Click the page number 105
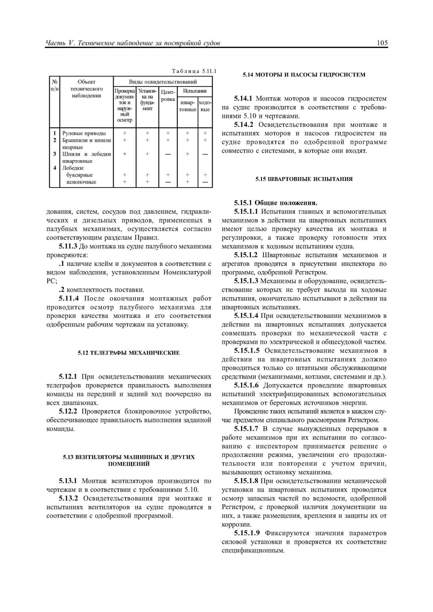click(382, 43)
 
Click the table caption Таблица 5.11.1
click(193, 70)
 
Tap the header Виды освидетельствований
click(163, 82)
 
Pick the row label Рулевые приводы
click(84, 133)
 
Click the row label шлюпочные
click(82, 182)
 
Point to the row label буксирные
click(80, 175)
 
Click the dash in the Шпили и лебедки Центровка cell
click(167, 154)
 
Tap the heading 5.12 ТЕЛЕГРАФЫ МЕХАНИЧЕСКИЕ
click(128, 353)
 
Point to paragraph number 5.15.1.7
click(246, 429)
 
